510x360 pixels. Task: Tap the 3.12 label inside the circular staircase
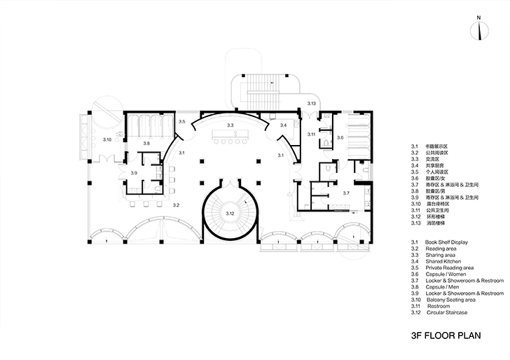click(x=229, y=214)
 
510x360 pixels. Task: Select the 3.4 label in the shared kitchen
click(x=283, y=125)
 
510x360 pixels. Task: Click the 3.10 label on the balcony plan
click(x=108, y=141)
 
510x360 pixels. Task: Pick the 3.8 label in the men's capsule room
click(x=146, y=143)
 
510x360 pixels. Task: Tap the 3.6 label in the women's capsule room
click(x=340, y=138)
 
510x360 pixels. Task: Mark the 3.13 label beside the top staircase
click(x=312, y=104)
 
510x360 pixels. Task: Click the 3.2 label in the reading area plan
click(x=177, y=205)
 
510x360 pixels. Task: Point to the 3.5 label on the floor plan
click(x=182, y=122)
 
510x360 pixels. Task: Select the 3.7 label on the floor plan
click(x=345, y=192)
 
